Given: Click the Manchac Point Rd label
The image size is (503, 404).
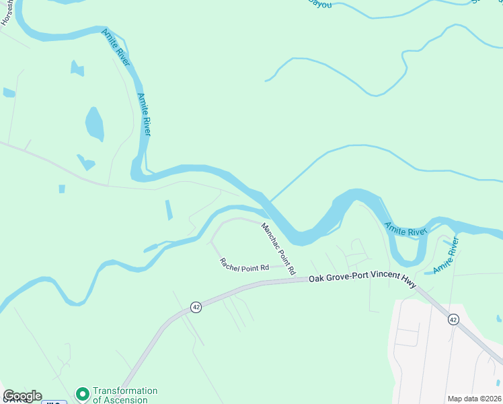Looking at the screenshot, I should [x=278, y=249].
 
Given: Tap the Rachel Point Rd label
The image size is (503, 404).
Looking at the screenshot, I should [x=244, y=265].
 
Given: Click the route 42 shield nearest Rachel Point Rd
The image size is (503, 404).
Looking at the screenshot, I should [x=196, y=307].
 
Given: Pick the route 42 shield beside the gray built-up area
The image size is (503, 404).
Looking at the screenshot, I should [x=453, y=319].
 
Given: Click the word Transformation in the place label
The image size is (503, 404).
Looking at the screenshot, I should [x=125, y=391].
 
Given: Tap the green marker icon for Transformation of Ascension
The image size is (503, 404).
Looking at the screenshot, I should [x=83, y=393].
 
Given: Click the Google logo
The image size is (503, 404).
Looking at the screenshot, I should [x=22, y=396].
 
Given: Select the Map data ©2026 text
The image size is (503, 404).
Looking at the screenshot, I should [x=474, y=399].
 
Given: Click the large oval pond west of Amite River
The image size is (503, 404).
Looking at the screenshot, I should [x=95, y=124].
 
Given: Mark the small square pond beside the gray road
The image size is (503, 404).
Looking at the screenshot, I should [x=62, y=189].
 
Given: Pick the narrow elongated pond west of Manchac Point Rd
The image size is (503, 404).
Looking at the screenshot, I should [x=168, y=210].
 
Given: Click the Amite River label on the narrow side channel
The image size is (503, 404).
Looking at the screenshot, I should [x=446, y=256].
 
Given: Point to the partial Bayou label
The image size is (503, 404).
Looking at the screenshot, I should [x=320, y=3].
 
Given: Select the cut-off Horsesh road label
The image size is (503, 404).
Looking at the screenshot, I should [x=7, y=13].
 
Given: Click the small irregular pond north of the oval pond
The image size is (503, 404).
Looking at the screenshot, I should [x=77, y=68].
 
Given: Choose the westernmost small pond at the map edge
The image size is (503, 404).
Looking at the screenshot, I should [x=9, y=92].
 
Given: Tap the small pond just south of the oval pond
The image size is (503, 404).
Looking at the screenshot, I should [x=86, y=162].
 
